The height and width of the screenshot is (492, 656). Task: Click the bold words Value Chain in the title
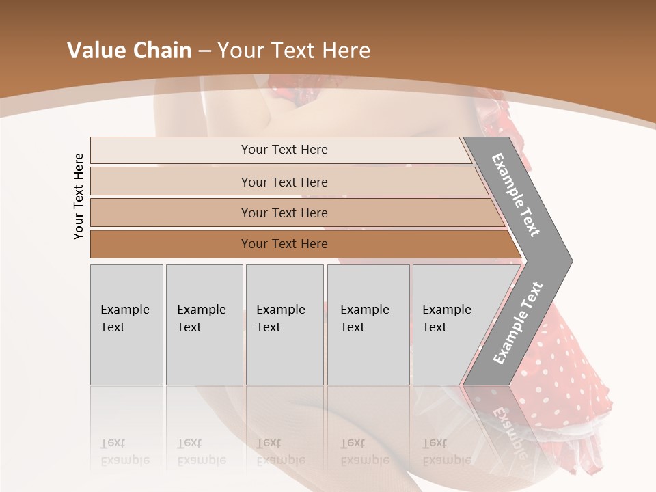pyautogui.click(x=129, y=51)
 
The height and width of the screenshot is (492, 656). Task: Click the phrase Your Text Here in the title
pyautogui.click(x=294, y=51)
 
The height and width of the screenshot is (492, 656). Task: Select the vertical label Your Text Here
pyautogui.click(x=79, y=196)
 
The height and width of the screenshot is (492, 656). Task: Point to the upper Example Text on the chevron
pyautogui.click(x=517, y=195)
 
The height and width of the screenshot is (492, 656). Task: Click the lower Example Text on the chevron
pyautogui.click(x=518, y=323)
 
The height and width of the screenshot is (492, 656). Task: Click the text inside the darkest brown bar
pyautogui.click(x=284, y=244)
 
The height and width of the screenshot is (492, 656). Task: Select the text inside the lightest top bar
pyautogui.click(x=284, y=150)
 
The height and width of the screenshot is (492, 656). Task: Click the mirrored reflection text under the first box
pyautogui.click(x=124, y=452)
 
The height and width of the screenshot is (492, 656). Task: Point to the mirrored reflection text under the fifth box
pyautogui.click(x=446, y=452)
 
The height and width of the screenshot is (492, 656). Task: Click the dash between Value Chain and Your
pyautogui.click(x=204, y=51)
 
